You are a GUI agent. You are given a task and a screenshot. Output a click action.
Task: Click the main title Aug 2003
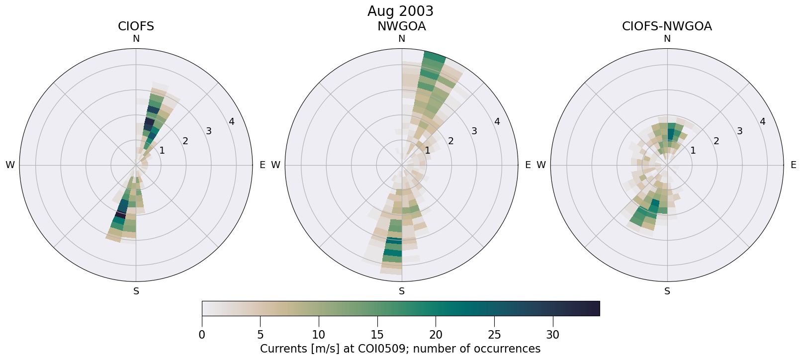(400, 11)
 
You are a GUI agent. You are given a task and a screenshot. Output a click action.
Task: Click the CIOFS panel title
(136, 26)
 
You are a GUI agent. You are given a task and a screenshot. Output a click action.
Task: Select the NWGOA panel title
(401, 26)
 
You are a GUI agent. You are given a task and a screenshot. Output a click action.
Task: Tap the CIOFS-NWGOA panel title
(667, 26)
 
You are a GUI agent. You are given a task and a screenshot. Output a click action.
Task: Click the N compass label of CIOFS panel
(136, 39)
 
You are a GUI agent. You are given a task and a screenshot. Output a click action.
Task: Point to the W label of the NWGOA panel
(275, 165)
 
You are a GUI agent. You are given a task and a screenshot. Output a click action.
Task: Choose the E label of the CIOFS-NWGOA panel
(794, 165)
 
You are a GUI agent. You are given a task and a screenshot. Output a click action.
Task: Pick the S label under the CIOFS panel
(136, 291)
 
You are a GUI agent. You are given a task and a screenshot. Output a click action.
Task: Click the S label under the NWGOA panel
(401, 291)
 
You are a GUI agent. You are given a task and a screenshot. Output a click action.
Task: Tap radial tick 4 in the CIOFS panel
(232, 122)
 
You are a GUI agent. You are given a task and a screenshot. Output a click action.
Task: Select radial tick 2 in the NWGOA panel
(450, 141)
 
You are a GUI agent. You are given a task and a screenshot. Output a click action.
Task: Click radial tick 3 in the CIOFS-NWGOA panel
(739, 131)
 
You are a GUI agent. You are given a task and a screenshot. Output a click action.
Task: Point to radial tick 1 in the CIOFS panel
(162, 151)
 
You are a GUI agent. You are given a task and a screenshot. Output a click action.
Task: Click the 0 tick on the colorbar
(202, 335)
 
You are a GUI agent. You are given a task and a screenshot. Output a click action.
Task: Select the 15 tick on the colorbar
(377, 335)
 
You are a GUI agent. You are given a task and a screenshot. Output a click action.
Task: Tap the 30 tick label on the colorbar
(553, 335)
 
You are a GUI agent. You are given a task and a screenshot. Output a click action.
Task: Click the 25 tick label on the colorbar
(494, 335)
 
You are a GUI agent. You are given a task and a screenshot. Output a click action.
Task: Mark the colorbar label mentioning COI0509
(400, 349)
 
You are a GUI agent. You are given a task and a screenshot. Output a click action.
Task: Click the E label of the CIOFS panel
(263, 165)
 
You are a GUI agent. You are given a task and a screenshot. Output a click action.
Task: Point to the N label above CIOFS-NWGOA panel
(667, 39)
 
